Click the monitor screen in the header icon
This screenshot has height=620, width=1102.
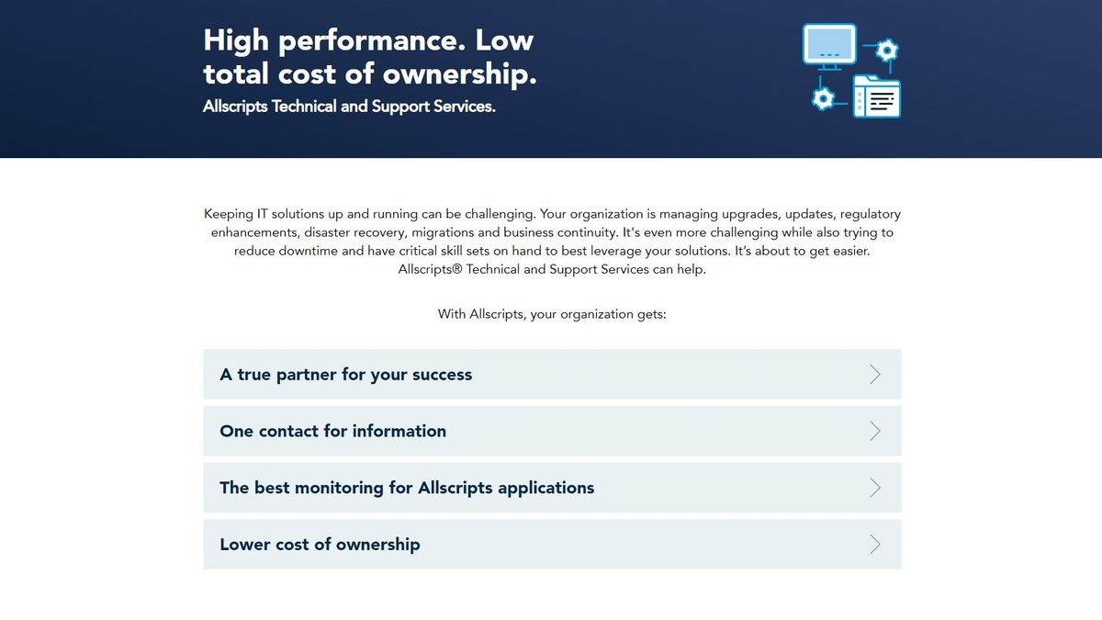point(829,43)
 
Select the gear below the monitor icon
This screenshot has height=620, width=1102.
point(824,97)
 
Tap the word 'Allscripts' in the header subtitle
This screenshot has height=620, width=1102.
point(235,107)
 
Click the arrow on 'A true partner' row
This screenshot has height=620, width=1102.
point(874,375)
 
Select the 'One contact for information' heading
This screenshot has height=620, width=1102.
point(333,431)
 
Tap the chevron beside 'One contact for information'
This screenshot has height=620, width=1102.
point(874,431)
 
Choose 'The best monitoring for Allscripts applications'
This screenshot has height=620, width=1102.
point(407,488)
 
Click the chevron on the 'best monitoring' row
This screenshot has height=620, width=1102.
point(874,488)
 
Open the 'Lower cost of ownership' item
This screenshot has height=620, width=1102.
point(320,544)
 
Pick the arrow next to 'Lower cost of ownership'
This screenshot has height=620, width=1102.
point(874,544)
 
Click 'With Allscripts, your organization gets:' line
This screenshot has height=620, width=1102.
point(552,314)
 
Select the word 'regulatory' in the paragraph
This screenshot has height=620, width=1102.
point(870,214)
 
